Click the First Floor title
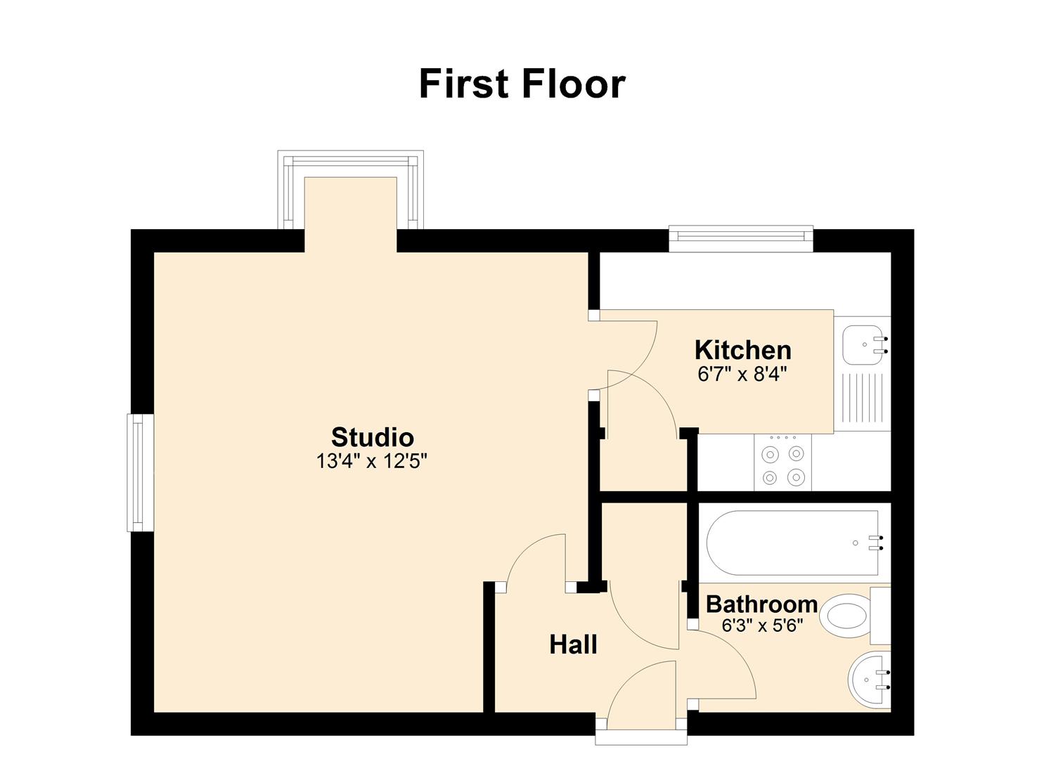[522, 84]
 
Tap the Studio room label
[372, 437]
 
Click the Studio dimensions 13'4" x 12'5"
[372, 462]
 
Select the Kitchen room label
[742, 350]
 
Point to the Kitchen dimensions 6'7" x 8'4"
[742, 375]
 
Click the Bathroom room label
[761, 604]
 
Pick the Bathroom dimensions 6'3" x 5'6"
[762, 625]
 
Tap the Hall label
[573, 644]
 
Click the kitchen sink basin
[861, 344]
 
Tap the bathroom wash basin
[868, 680]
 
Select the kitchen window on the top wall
[741, 238]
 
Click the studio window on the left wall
[139, 472]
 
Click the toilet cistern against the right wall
[880, 616]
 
